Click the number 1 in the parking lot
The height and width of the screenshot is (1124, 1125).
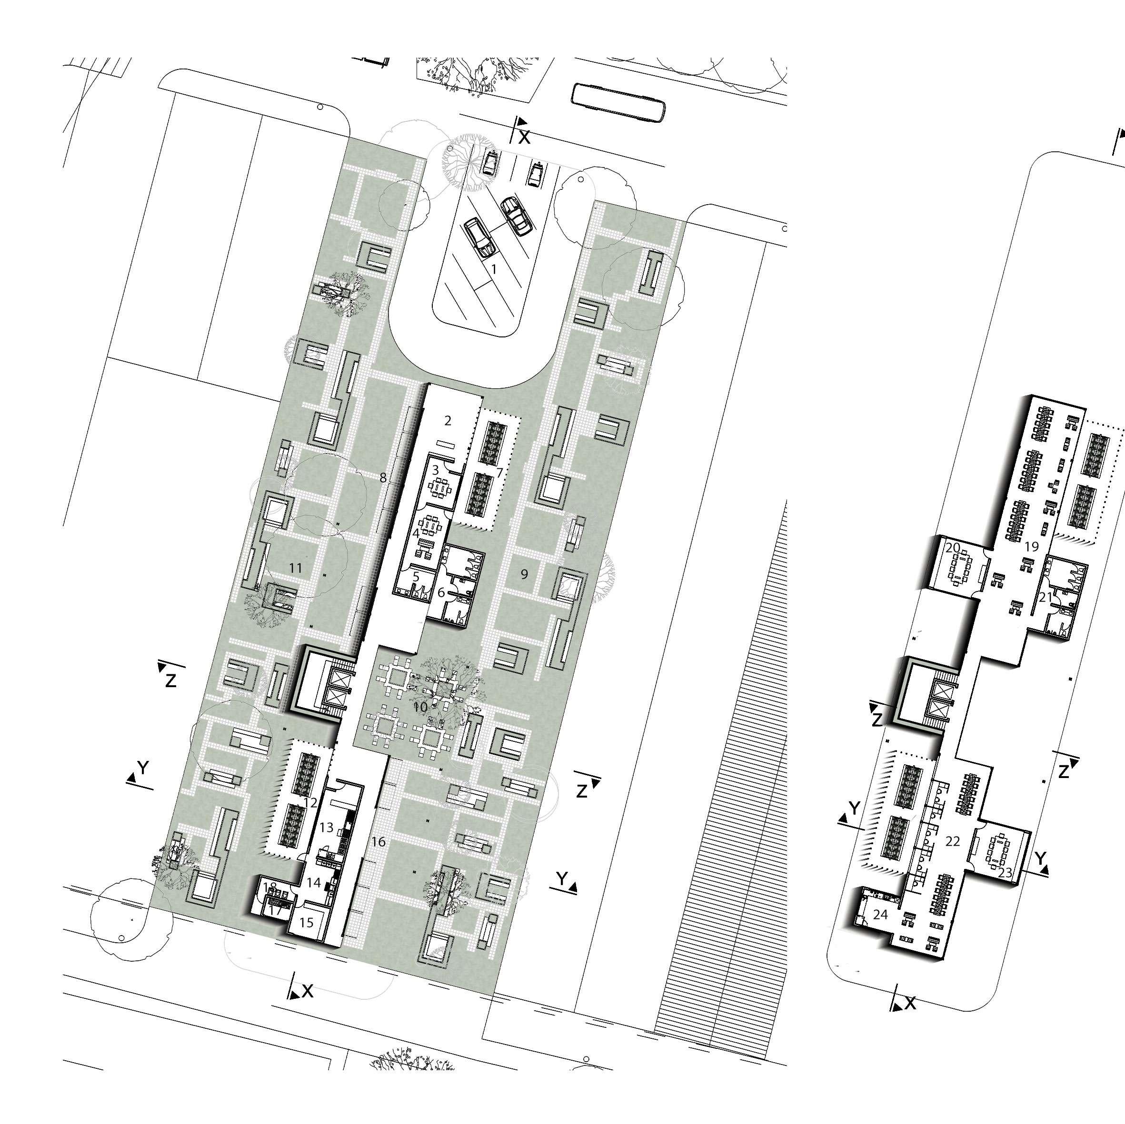point(494,269)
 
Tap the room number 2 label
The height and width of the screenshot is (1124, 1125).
point(447,420)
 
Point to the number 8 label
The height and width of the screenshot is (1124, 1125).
point(383,478)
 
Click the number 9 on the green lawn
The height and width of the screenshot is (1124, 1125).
point(524,574)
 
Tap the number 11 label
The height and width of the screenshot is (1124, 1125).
point(296,569)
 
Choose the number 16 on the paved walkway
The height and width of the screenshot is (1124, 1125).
point(378,842)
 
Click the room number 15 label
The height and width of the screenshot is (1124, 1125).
point(306,923)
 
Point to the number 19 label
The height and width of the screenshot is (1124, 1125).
point(1032,547)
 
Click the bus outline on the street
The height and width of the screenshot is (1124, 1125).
point(618,102)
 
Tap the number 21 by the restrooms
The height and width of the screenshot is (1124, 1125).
point(1046,597)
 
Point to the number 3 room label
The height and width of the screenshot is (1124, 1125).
point(435,469)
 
